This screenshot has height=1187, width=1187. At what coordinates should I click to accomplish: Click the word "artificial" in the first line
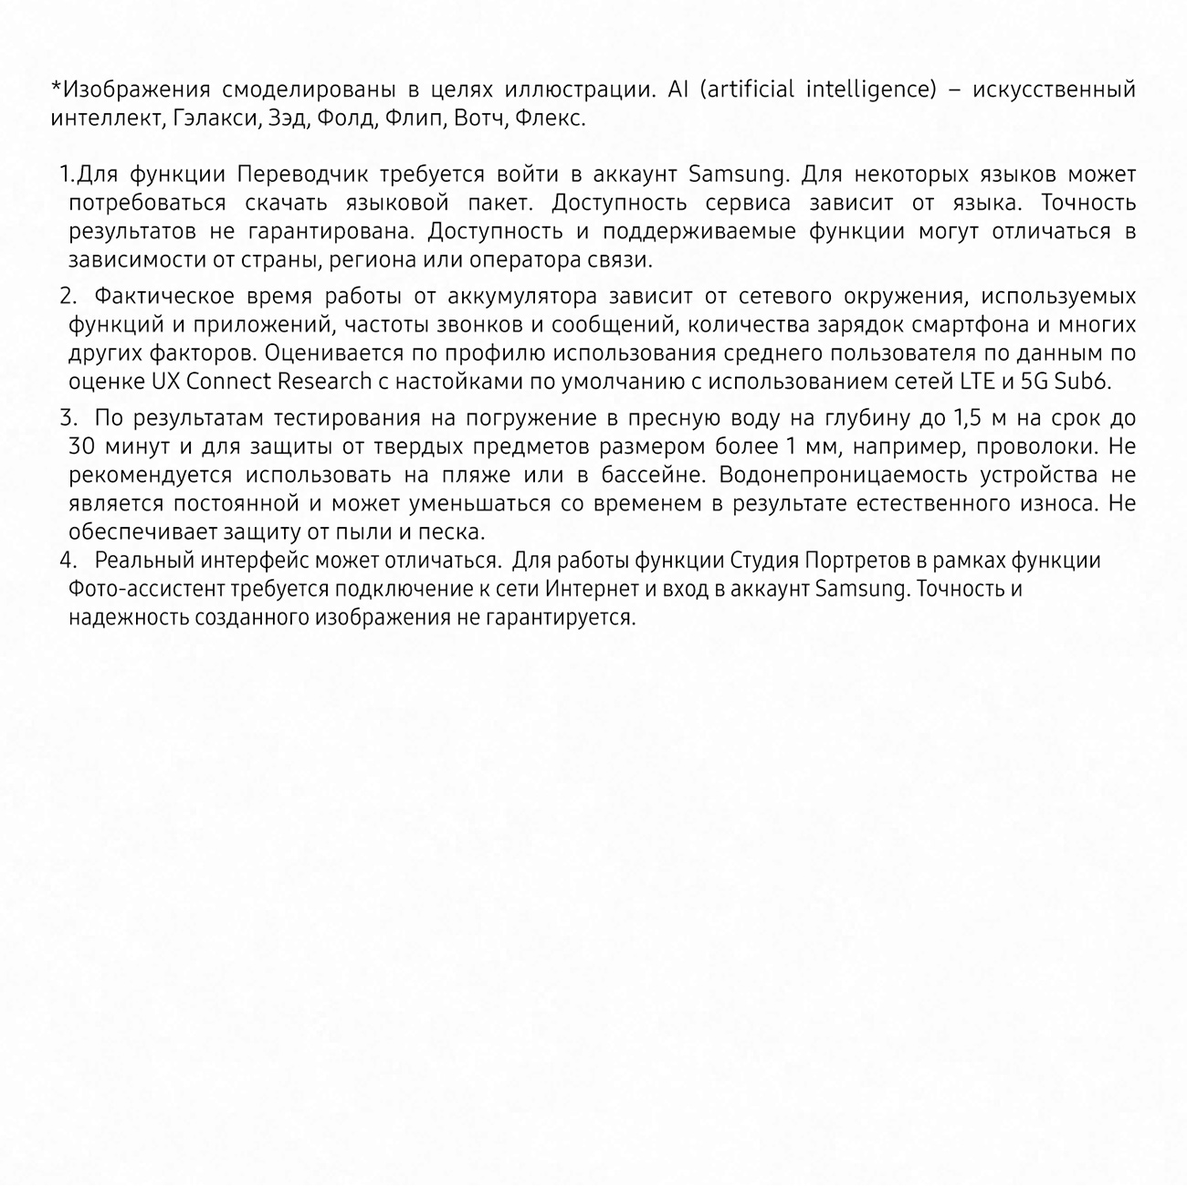tap(751, 89)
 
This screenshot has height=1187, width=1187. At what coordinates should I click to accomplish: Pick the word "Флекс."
tap(550, 119)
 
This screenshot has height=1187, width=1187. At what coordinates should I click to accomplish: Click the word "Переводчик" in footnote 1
tap(302, 173)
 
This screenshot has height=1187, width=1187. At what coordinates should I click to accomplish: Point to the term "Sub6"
tap(1082, 381)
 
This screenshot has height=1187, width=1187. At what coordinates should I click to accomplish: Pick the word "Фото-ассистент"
tap(141, 589)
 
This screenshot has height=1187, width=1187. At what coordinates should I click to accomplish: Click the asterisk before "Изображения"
tap(56, 88)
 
